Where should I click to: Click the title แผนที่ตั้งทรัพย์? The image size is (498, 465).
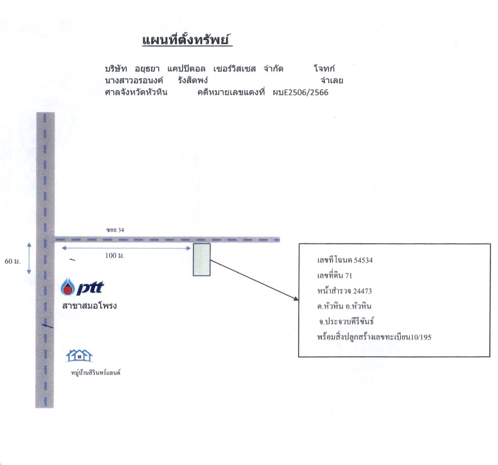[x=187, y=40]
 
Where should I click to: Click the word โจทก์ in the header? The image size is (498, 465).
[x=324, y=68]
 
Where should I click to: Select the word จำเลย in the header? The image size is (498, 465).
[x=332, y=80]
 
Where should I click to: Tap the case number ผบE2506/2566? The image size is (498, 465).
[x=300, y=92]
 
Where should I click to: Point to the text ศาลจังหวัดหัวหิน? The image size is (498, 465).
[x=136, y=92]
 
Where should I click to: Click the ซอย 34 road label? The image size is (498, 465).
[x=115, y=230]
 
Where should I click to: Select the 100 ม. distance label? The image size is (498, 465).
[x=115, y=256]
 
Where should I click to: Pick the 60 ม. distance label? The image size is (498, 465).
[x=12, y=262]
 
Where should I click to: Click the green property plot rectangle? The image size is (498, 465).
[x=202, y=260]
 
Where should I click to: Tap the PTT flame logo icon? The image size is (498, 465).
[x=67, y=287]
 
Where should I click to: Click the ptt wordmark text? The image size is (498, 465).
[x=90, y=288]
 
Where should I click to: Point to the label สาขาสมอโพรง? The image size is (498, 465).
[x=89, y=306]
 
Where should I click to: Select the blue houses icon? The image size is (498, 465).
[x=79, y=355]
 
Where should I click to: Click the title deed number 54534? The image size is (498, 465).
[x=363, y=260]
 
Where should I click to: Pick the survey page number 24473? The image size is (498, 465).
[x=363, y=291]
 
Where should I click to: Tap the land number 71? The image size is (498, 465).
[x=349, y=276]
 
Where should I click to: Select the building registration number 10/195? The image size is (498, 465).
[x=421, y=337]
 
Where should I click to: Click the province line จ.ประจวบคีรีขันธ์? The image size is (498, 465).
[x=346, y=321]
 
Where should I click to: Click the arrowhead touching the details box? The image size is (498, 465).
[x=296, y=298]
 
